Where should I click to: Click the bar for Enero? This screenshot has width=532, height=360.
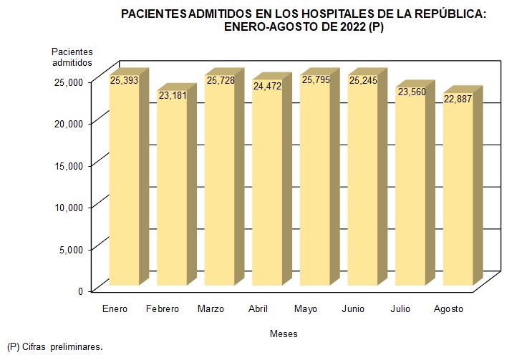point(124,186)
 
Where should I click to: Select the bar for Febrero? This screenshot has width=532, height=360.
point(171,193)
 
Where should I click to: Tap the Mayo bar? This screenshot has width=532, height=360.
point(315,186)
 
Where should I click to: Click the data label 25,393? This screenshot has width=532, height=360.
point(124,80)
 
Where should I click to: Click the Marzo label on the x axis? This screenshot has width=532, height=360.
point(211,308)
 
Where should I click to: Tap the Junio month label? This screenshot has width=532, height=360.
point(353,308)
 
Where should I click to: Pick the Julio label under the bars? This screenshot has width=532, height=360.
point(401,308)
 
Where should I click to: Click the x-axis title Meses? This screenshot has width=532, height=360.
point(284,334)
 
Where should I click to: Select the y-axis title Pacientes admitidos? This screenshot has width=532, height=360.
point(72,57)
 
